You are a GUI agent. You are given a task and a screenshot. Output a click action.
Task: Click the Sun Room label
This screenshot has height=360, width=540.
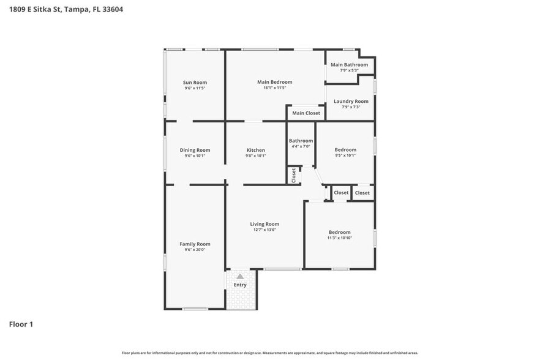coord(195,83)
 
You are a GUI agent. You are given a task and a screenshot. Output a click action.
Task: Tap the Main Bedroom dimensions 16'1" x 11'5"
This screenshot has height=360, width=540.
coord(274,88)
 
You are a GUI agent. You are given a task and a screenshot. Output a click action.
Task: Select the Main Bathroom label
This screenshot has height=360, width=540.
coord(349,65)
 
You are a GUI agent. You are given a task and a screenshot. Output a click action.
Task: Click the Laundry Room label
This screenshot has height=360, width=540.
coord(351,101)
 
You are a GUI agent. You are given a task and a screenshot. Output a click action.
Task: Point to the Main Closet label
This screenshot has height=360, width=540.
coord(306,113)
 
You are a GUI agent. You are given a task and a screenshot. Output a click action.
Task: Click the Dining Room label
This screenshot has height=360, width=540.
coord(195,150)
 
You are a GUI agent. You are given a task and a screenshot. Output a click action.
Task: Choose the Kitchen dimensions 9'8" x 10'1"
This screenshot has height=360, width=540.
coord(256,156)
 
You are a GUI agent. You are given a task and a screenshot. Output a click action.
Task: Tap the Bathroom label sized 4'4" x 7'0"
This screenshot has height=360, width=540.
coord(301,141)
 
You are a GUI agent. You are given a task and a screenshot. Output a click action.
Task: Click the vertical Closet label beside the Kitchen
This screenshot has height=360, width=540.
coord(294,175)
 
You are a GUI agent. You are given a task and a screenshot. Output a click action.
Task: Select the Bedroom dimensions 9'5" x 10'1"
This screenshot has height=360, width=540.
coord(345,156)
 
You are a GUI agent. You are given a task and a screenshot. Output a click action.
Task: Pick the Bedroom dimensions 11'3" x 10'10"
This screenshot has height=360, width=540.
coord(340,238)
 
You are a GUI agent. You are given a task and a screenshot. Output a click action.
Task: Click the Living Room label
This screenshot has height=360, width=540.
coord(264,224)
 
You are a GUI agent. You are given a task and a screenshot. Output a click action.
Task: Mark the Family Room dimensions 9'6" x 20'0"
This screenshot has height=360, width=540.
coord(195,250)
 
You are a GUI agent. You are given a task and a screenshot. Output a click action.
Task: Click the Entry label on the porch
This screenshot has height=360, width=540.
coord(240,285)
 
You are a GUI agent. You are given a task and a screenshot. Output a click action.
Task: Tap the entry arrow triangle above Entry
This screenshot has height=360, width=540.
coord(240,277)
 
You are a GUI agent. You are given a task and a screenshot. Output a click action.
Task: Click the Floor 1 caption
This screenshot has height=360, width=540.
coord(21,324)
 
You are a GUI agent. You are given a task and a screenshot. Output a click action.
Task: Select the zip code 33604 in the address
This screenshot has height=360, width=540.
coord(113,10)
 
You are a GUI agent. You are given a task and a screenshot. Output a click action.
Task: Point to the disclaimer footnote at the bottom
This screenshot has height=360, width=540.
coord(270,353)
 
